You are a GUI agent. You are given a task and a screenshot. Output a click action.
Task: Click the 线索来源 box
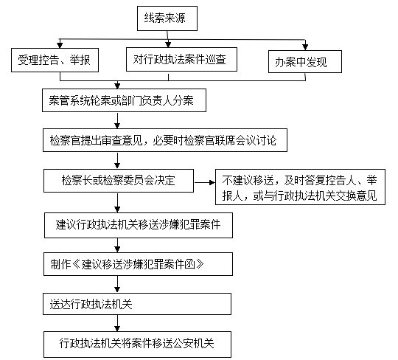167,18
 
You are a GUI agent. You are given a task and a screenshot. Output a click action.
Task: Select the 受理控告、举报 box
55,60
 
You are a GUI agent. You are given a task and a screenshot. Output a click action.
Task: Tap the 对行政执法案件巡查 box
181,59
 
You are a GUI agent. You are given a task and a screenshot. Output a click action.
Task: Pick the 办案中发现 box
305,62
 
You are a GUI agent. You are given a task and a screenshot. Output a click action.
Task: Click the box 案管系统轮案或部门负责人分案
124,100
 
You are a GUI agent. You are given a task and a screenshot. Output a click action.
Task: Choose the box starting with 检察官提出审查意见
165,140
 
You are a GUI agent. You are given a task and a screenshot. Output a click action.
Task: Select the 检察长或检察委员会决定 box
119,181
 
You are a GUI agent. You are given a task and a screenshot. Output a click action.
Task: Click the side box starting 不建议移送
300,187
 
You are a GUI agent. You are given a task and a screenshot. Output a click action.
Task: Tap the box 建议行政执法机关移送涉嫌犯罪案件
139,225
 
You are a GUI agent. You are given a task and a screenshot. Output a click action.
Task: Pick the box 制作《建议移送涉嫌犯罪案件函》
138,264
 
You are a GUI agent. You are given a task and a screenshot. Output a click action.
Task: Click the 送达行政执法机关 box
137,304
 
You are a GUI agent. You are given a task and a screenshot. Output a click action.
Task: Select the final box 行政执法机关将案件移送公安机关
137,345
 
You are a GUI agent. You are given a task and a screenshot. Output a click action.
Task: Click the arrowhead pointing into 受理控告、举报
60,45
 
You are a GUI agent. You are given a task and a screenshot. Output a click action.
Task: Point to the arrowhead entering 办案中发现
305,47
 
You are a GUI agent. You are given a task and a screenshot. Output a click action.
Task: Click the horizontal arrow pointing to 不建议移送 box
205,182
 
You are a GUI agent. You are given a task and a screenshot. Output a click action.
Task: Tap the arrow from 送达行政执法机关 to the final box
117,323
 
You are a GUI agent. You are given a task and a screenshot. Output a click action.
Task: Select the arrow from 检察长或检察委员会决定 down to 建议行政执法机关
117,203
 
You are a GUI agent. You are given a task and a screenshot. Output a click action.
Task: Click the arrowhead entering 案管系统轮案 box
117,86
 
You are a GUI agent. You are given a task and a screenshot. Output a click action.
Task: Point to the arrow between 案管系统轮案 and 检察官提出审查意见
117,121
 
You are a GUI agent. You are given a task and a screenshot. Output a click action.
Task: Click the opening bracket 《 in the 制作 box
76,265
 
